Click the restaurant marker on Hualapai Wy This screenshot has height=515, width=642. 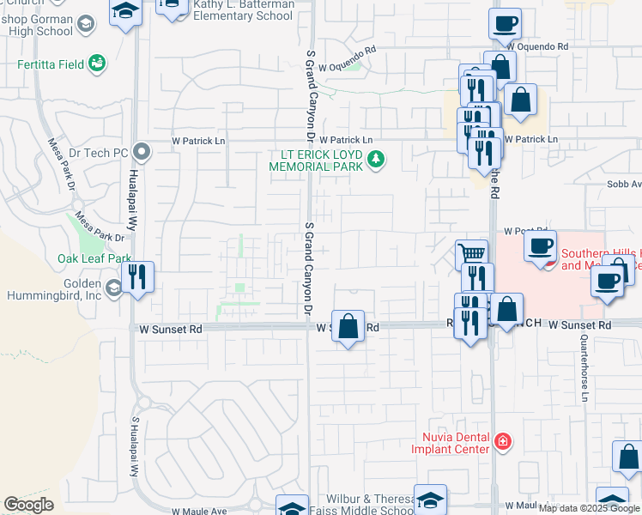(x=137, y=277)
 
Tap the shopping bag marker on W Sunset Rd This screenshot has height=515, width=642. (x=348, y=327)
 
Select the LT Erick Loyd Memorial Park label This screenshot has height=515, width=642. (x=317, y=161)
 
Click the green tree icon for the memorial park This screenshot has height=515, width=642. (x=375, y=159)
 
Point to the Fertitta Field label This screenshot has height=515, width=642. (x=52, y=64)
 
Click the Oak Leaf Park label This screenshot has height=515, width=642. (x=94, y=257)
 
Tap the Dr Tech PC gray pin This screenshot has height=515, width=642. (x=142, y=153)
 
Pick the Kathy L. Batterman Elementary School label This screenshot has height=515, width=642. (x=243, y=10)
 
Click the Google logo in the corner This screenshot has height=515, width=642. (x=29, y=505)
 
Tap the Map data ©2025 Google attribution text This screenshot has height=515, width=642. (x=589, y=508)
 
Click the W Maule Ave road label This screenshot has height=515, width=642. (x=198, y=510)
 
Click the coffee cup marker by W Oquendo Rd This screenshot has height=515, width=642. (x=506, y=24)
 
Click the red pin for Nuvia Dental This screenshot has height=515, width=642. (x=503, y=443)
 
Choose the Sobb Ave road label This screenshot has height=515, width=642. (x=624, y=184)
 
